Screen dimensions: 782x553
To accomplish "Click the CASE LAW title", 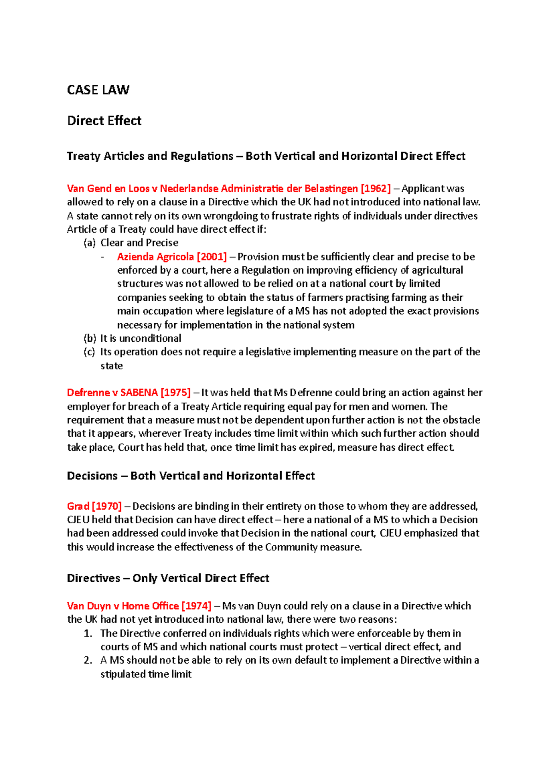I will (98, 90).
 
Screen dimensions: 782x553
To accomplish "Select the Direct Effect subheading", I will (104, 121).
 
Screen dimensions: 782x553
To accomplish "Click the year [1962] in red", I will (376, 188).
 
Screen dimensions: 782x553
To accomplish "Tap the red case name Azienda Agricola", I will (155, 257).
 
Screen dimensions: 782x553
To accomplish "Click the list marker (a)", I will (89, 243).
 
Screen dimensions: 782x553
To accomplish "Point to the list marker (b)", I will (89, 338).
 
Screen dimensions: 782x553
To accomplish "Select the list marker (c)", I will (89, 352).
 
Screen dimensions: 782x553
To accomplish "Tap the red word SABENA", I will (139, 393).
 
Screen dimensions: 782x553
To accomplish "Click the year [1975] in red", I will (176, 393).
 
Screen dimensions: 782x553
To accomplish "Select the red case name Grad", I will (78, 506).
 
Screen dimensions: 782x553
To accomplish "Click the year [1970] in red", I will (107, 506).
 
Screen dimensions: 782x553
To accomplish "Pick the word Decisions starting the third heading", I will (92, 476).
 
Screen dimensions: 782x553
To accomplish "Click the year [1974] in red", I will (196, 606).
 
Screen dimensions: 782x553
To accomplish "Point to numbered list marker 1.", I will (88, 634).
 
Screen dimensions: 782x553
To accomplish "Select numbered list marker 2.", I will (88, 660).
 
